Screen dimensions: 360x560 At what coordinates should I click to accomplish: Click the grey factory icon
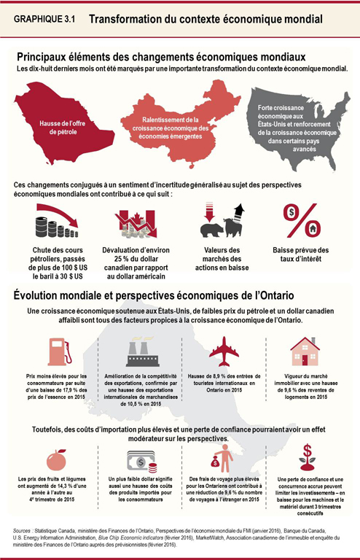139,352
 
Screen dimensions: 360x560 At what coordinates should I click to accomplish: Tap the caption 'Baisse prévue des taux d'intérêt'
300,257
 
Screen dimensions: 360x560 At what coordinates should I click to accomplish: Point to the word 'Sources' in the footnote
25,530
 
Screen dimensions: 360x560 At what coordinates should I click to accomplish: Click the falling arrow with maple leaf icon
138,223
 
